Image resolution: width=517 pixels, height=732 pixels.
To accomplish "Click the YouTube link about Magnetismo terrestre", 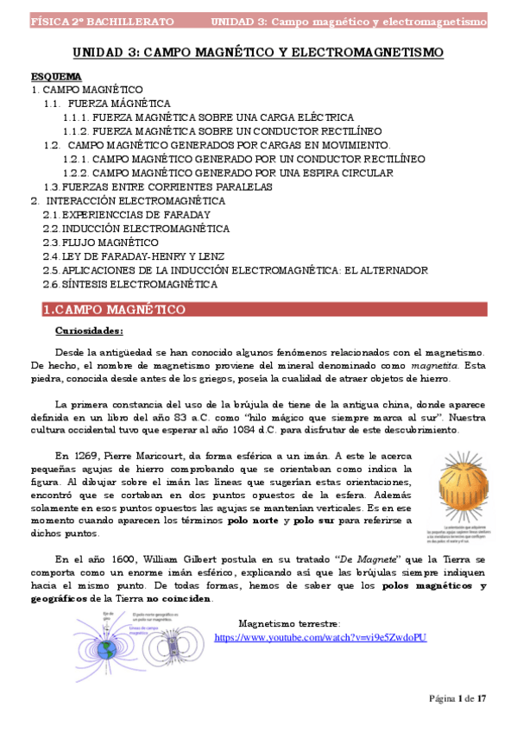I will click(319, 637).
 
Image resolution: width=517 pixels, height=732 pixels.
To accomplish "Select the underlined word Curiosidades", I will click(89, 330).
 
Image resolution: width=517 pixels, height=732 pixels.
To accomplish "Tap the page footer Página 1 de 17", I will click(459, 697).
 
